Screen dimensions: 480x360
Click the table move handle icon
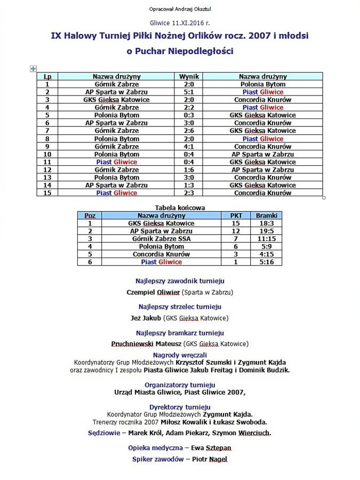34,69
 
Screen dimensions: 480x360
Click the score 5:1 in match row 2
189,92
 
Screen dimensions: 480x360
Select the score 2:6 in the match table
189,131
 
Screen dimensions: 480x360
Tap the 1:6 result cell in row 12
189,170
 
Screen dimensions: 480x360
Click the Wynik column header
189,76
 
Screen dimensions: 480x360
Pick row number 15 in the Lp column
47,193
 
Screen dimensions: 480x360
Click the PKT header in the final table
236,215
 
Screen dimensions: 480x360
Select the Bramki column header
266,215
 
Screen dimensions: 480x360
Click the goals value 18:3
266,223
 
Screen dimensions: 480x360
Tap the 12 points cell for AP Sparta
236,231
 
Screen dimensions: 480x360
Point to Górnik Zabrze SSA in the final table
161,239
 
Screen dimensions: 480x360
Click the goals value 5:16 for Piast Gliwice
266,262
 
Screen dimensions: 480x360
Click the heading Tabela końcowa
180,207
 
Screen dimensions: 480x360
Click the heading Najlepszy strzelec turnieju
180,307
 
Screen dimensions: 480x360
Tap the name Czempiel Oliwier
153,292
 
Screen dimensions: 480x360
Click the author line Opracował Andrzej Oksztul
180,9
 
